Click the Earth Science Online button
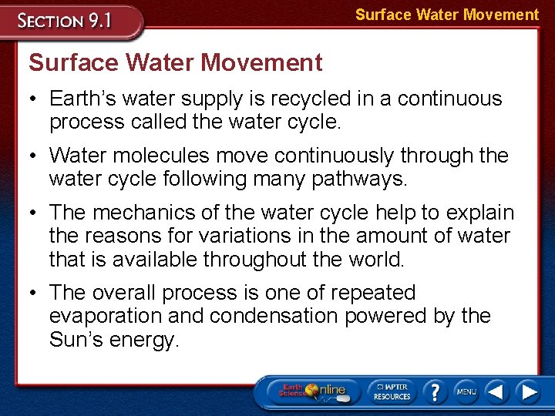tap(313, 391)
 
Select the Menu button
tap(466, 391)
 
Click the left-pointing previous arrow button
tap(496, 391)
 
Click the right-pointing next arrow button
tap(529, 391)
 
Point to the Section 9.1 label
tap(66, 20)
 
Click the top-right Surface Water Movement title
tap(447, 15)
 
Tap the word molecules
tap(160, 156)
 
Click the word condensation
tap(264, 316)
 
